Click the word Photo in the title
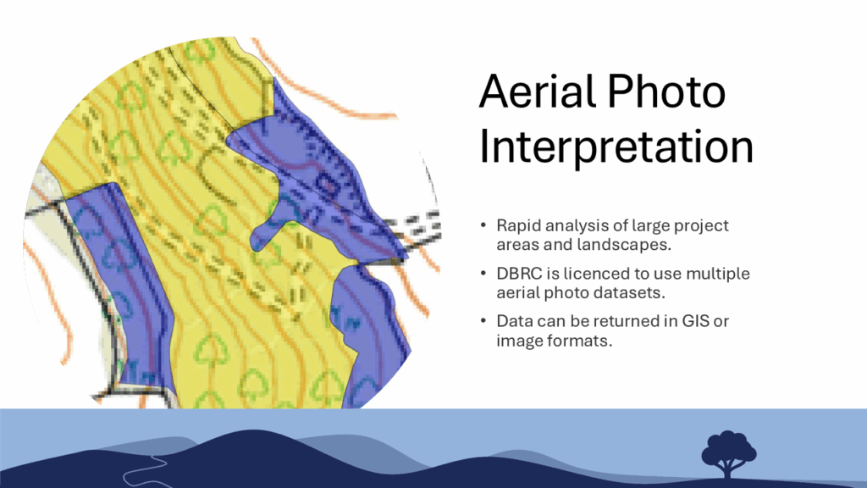point(666,91)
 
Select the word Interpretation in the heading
point(616,147)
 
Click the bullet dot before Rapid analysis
point(483,225)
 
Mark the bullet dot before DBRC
point(483,274)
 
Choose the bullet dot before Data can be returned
point(483,321)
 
